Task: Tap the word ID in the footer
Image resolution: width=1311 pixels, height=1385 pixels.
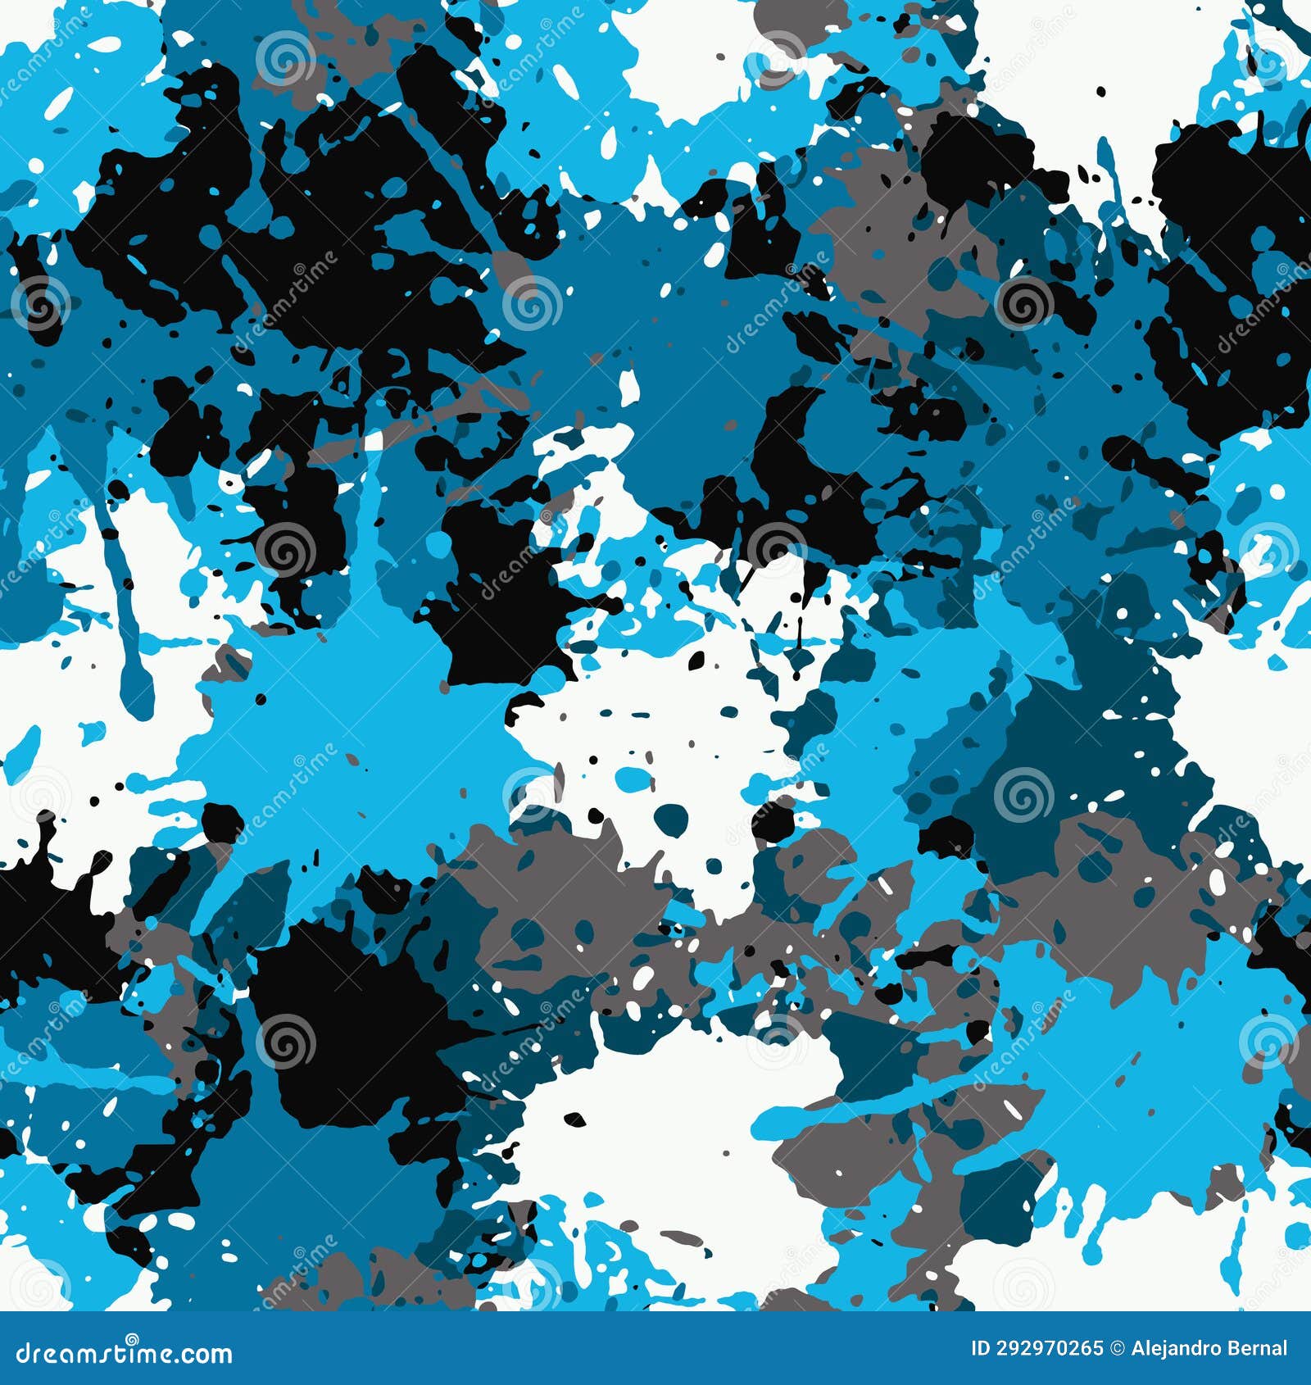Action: click(x=980, y=1348)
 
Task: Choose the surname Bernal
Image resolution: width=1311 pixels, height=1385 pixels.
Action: click(x=1257, y=1348)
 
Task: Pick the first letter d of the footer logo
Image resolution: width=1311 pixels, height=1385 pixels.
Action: click(x=25, y=1353)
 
